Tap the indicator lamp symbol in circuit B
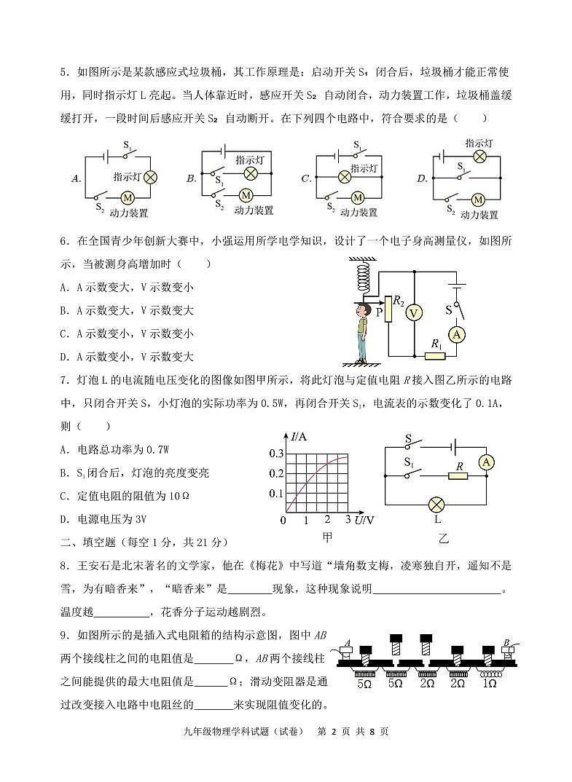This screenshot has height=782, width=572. coord(251,173)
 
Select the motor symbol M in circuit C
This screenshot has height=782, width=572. coord(357,197)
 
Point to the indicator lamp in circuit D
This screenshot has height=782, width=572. coord(479,156)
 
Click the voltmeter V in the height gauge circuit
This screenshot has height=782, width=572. coord(414,312)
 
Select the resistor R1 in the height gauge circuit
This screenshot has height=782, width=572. coord(435,356)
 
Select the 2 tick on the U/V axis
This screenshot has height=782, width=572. coord(327,520)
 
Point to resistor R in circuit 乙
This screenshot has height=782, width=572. coord(457,476)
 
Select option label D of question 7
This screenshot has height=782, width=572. coord(64,519)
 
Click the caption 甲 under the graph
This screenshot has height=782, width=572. coord(327,537)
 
